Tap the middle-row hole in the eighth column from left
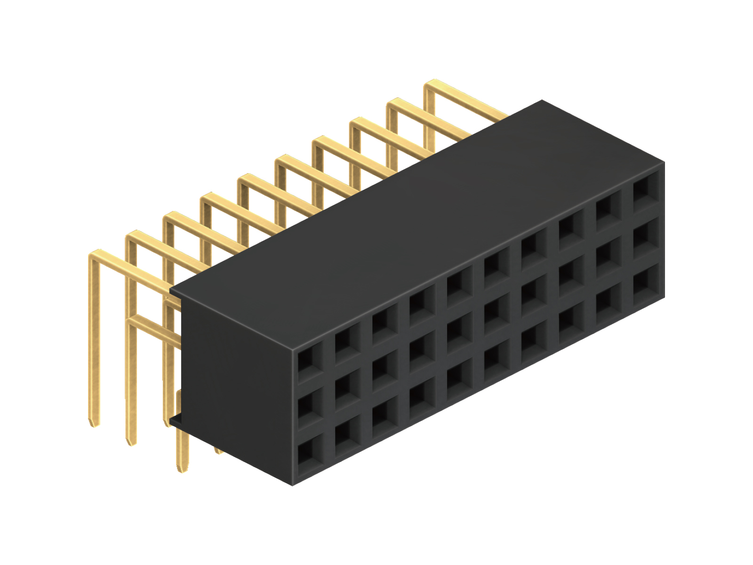click(x=570, y=273)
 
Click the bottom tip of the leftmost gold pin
click(x=94, y=424)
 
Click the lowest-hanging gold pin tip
click(x=181, y=468)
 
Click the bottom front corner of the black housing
click(x=293, y=484)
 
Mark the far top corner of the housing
click(x=542, y=100)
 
